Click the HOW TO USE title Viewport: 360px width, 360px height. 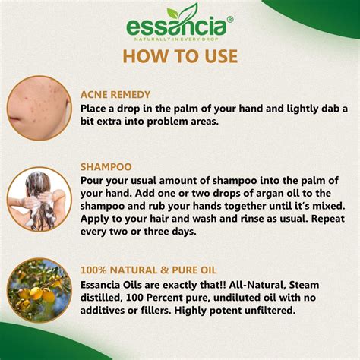pos(179,56)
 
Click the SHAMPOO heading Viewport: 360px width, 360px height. pos(106,166)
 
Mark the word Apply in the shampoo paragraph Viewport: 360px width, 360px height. pos(96,219)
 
